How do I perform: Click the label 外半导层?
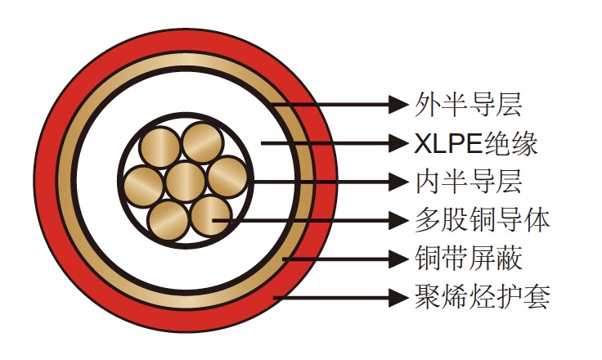pyautogui.click(x=469, y=104)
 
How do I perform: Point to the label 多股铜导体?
pyautogui.click(x=482, y=220)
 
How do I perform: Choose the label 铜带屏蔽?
pyautogui.click(x=469, y=259)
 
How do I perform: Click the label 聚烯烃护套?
pyautogui.click(x=482, y=296)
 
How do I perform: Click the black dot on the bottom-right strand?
pyautogui.click(x=214, y=219)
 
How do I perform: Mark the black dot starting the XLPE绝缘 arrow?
pyautogui.click(x=263, y=144)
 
